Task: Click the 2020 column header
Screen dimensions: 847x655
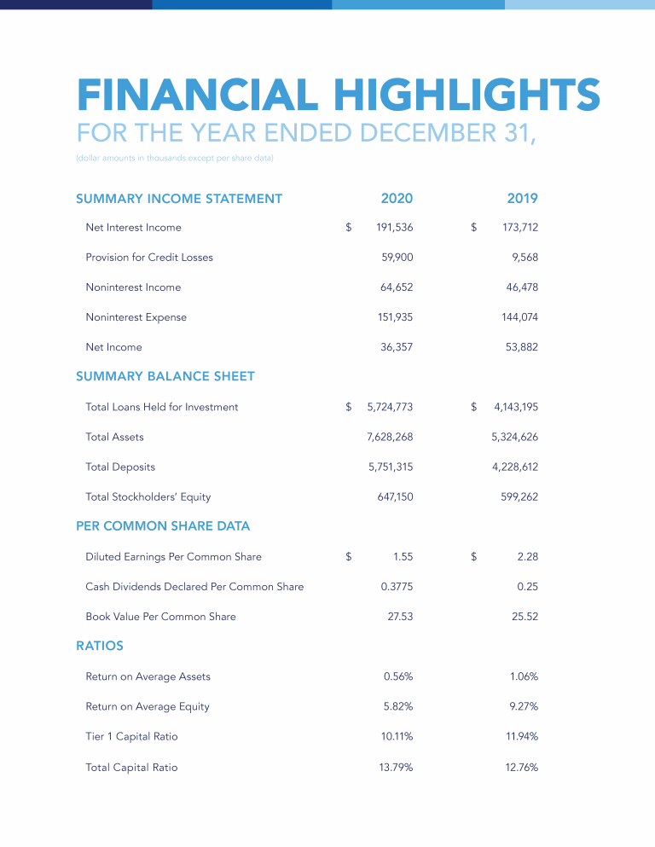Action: tap(397, 199)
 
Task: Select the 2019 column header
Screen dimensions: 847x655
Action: tap(522, 199)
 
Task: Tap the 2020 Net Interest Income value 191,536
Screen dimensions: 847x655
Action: tap(394, 228)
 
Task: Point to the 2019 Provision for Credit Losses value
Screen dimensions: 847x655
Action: tap(525, 258)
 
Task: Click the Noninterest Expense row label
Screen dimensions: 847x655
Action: tap(136, 317)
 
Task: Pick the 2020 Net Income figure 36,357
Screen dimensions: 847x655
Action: tap(397, 347)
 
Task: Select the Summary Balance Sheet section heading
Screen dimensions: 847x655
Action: tap(165, 376)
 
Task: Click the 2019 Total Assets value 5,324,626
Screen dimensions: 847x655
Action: tap(514, 437)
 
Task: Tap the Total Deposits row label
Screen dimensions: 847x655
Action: tap(120, 467)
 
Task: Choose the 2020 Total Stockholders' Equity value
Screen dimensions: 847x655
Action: tap(397, 496)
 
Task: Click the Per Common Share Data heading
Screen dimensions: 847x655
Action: tap(163, 526)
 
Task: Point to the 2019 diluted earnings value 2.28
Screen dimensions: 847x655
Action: tap(527, 557)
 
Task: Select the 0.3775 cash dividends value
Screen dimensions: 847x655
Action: tap(396, 587)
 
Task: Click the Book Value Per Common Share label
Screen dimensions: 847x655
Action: tap(160, 617)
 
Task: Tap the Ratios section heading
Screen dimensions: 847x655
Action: tap(100, 646)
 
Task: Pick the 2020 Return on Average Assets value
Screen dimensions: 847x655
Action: tap(398, 676)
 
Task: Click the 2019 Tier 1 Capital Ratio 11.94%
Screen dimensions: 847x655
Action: tap(522, 736)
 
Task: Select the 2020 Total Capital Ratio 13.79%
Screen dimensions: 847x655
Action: tap(396, 768)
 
